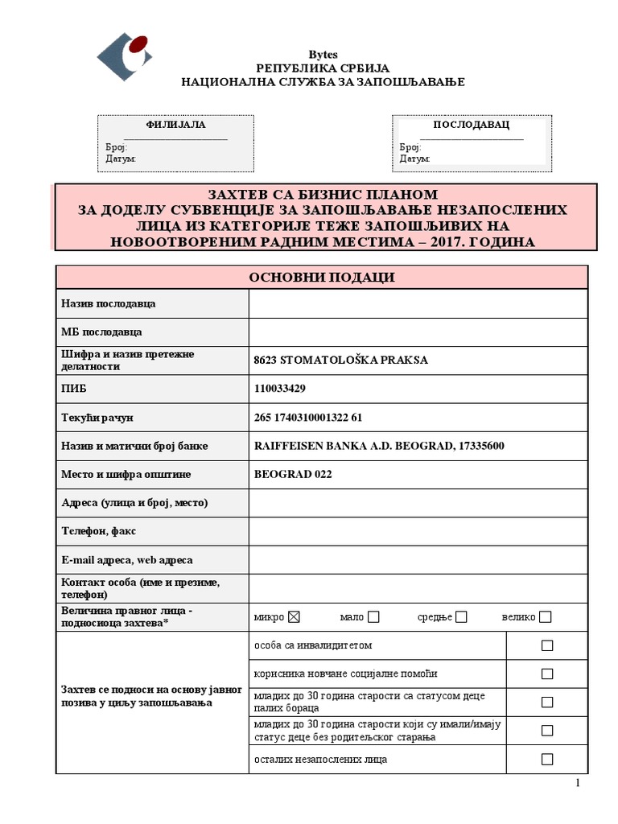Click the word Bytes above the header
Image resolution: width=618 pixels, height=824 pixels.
tap(323, 54)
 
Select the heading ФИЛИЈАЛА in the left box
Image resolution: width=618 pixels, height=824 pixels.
tap(175, 125)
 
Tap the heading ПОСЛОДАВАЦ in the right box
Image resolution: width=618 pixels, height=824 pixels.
tap(471, 125)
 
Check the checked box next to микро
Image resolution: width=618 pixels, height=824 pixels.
tap(294, 617)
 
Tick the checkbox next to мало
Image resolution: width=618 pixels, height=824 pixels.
tap(373, 617)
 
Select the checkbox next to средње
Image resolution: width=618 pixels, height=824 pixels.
tap(461, 617)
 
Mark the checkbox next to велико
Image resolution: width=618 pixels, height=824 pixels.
tap(546, 617)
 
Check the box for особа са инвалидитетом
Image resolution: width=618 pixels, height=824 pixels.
tap(547, 645)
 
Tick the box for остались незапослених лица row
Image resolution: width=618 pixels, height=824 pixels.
tap(547, 759)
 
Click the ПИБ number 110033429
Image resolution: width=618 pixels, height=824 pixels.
tap(279, 389)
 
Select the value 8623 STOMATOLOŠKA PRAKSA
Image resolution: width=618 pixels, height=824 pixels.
tap(340, 360)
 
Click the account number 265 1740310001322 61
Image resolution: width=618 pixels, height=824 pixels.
tap(307, 418)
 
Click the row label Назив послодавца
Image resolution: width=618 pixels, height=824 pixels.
tap(109, 303)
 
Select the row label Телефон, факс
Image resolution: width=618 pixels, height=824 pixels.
tap(97, 531)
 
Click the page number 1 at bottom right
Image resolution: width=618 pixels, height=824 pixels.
tap(577, 785)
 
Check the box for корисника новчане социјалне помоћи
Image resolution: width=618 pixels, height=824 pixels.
tap(547, 674)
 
